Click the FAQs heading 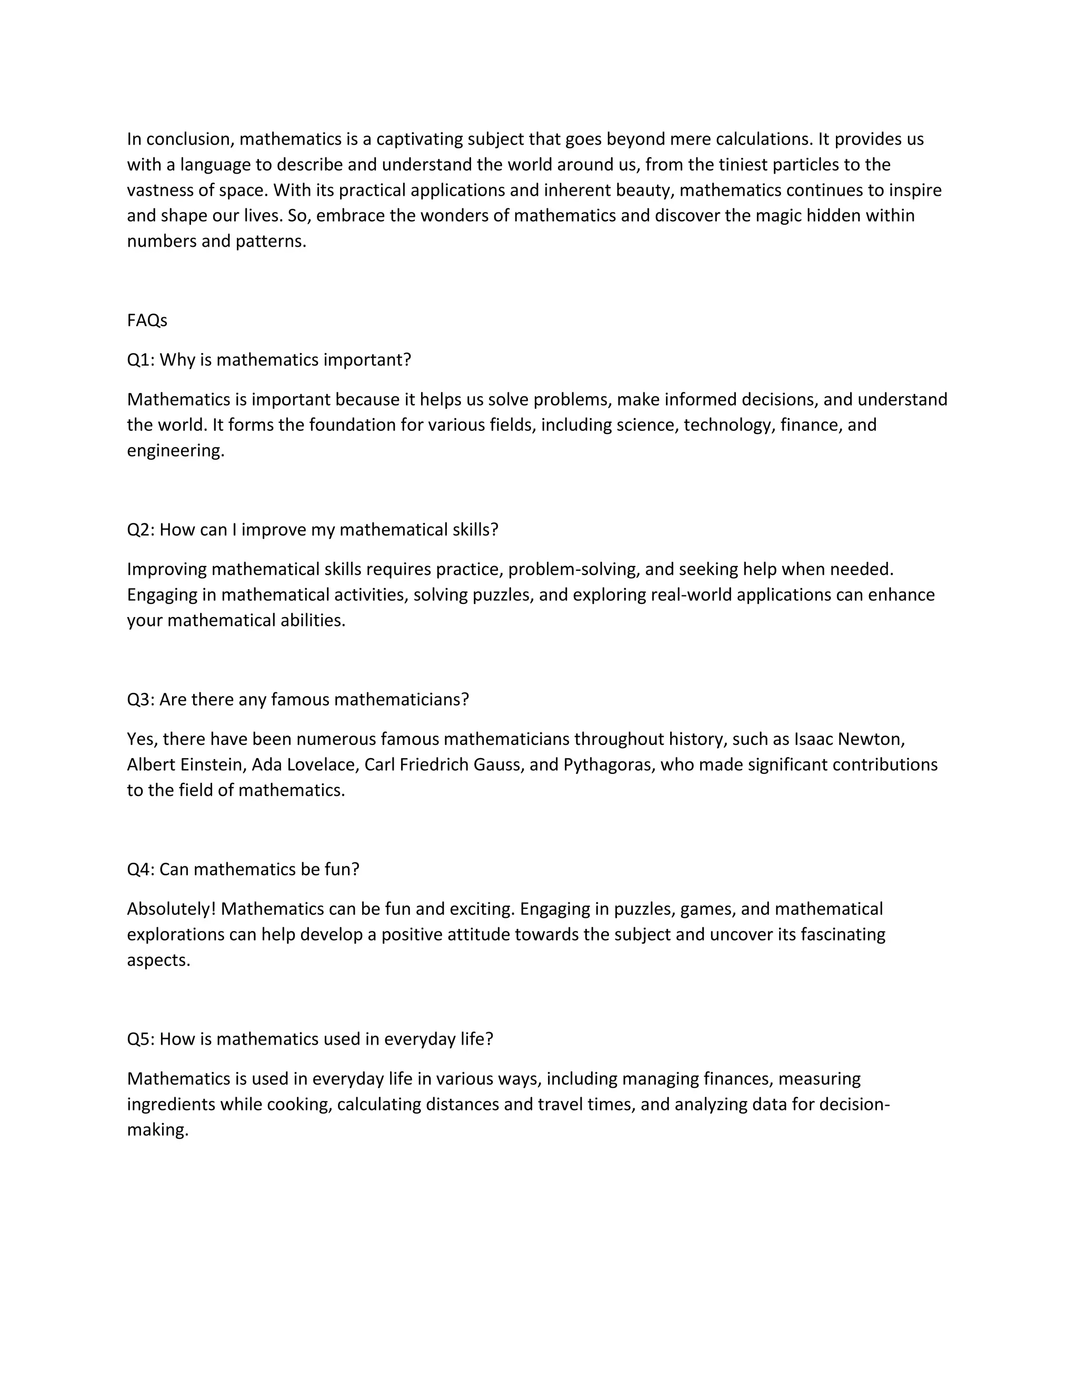pyautogui.click(x=147, y=320)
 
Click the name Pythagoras pyautogui.click(x=608, y=765)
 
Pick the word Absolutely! pyautogui.click(x=171, y=909)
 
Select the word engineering pyautogui.click(x=176, y=451)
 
